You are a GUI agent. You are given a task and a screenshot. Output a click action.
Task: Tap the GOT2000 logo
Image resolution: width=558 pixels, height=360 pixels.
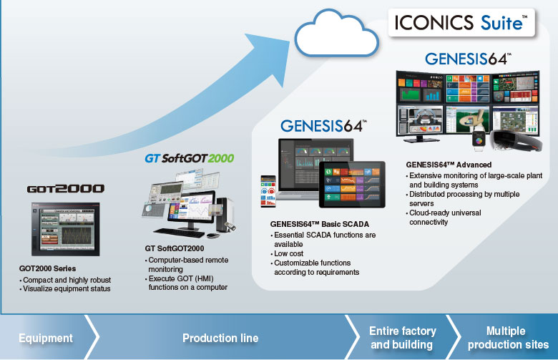click(x=65, y=190)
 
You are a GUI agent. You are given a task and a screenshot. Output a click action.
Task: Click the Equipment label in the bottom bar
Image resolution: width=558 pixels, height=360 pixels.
click(x=46, y=338)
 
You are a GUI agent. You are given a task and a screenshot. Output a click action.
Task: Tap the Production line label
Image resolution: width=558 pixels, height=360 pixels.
click(x=220, y=338)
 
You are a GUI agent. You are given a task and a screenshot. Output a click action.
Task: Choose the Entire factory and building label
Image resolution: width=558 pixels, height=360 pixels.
click(x=402, y=338)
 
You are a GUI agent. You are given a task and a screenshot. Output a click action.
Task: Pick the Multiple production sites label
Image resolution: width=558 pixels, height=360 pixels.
click(x=506, y=338)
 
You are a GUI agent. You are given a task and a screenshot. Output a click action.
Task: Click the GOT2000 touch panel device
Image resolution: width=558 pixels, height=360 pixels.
click(x=65, y=230)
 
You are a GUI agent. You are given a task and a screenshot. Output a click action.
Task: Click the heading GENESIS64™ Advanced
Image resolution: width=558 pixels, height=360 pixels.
click(x=449, y=165)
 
